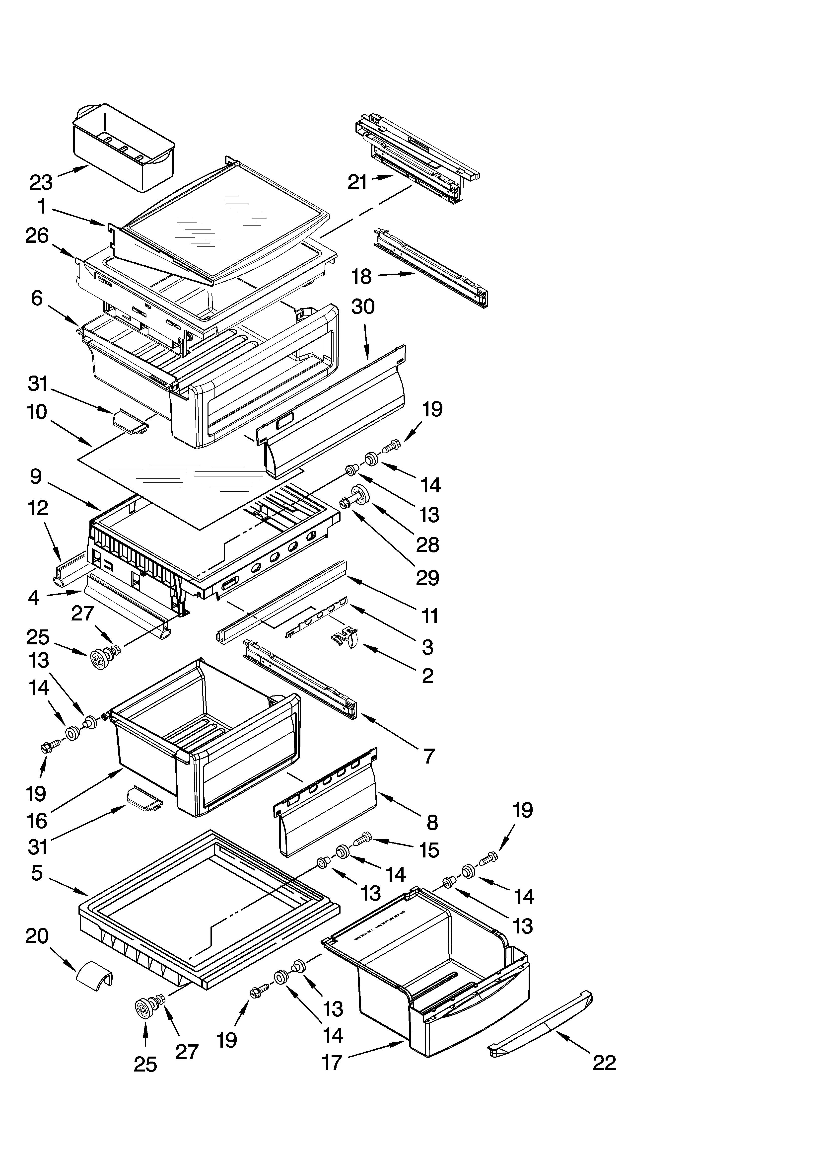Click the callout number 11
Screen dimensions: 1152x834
pyautogui.click(x=430, y=616)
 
